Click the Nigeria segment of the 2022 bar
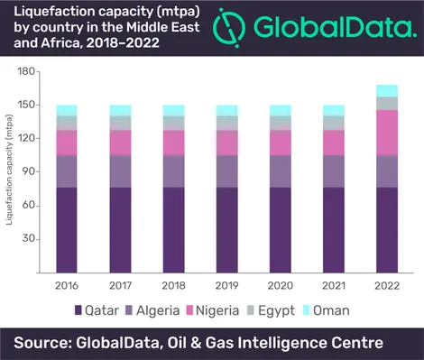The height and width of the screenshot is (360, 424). (387, 133)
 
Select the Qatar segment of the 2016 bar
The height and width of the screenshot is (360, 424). (67, 230)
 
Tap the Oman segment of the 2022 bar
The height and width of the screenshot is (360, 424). (387, 91)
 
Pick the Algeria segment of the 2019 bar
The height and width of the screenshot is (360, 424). (227, 171)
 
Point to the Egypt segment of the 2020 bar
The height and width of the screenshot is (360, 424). (281, 123)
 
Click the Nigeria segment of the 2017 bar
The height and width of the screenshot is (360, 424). (120, 143)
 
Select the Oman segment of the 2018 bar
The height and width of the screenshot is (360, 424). (174, 111)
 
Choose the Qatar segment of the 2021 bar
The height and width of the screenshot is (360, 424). (334, 230)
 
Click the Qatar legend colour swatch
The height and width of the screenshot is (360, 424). (78, 310)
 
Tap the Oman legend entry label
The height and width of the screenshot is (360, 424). (331, 310)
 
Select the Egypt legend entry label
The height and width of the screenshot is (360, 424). (276, 311)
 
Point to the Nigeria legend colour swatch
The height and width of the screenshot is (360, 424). (189, 310)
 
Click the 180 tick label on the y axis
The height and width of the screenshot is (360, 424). (26, 71)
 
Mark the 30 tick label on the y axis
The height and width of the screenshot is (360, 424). (29, 238)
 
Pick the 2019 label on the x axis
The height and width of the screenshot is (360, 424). (226, 285)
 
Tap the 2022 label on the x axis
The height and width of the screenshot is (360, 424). (387, 285)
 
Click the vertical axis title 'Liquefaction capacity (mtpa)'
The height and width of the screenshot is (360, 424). (9, 170)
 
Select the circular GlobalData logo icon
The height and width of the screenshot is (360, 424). (229, 28)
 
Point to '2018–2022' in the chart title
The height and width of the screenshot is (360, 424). (123, 43)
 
